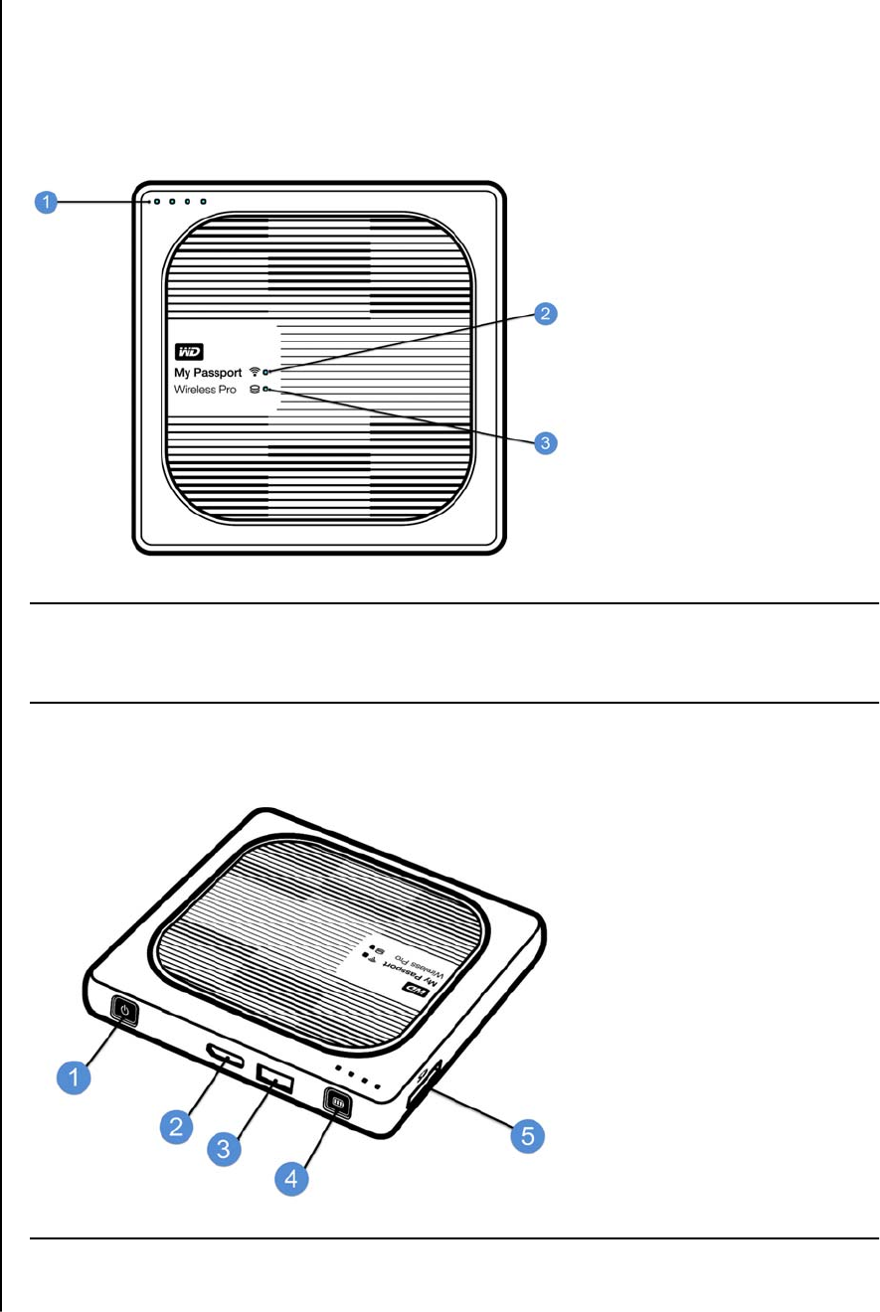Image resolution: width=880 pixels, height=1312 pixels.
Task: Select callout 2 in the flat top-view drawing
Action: pos(543,316)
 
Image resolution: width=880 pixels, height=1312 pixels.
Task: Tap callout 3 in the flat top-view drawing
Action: pos(543,442)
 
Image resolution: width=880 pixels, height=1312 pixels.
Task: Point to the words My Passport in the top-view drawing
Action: pos(208,372)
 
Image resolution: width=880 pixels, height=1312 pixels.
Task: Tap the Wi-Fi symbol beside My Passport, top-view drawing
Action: pos(255,372)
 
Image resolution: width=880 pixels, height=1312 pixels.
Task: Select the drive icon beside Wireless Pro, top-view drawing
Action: pos(254,390)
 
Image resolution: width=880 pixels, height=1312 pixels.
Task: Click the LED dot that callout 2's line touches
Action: pos(265,372)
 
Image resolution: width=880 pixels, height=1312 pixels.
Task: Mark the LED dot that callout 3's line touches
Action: pos(265,390)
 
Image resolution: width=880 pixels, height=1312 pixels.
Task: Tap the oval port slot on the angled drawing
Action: pos(226,1057)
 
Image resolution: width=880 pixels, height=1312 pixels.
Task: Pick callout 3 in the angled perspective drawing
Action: pos(225,1150)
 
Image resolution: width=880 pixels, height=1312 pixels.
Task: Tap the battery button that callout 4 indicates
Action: pos(336,1103)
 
